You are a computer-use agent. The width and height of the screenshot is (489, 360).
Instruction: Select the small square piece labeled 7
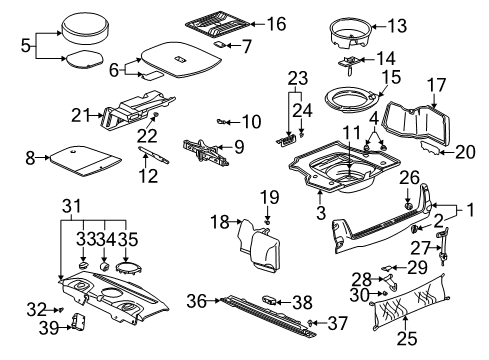pos(220,44)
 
